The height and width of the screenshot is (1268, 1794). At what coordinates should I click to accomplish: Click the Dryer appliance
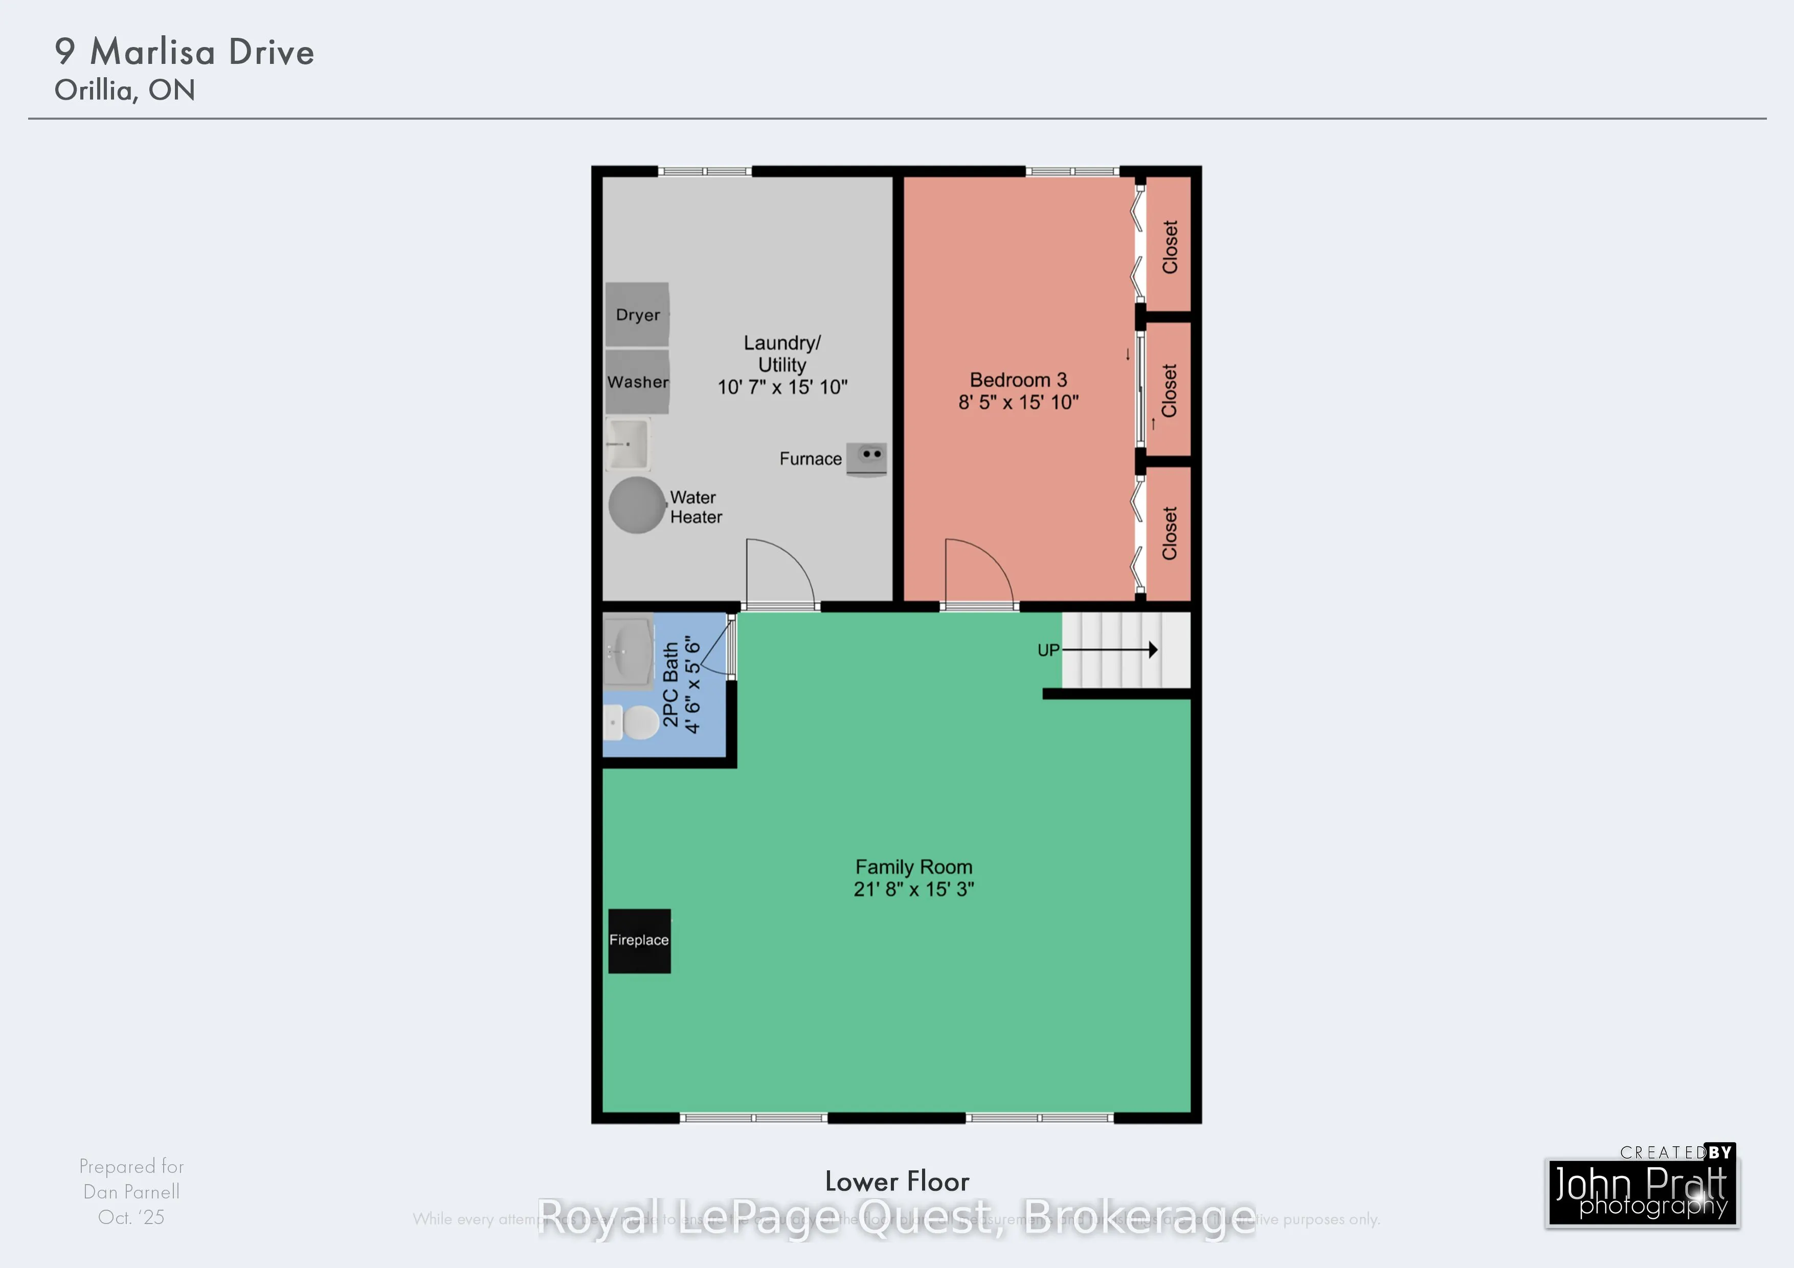point(637,314)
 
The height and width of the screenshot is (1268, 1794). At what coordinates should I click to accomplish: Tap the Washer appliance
point(637,382)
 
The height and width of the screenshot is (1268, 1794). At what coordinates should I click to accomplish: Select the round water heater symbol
point(637,505)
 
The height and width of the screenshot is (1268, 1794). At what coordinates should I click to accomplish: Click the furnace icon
point(866,459)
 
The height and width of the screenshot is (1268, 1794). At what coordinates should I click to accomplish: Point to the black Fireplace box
point(639,941)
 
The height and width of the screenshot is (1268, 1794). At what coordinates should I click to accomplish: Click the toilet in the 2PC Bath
point(632,722)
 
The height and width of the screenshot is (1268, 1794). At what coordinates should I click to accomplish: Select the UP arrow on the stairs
point(1110,650)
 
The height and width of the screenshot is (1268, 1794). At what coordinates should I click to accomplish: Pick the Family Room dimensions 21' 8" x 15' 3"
point(913,889)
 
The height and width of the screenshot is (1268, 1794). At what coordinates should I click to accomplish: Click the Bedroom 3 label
point(1017,380)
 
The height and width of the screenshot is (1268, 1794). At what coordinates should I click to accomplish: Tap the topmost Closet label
point(1170,247)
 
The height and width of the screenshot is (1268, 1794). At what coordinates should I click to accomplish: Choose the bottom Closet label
point(1170,533)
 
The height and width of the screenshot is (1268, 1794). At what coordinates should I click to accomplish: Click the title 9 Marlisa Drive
point(185,52)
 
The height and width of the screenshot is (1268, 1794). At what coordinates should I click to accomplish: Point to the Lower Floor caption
point(897,1181)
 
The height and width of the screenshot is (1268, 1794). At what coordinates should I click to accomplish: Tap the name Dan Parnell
point(131,1191)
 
